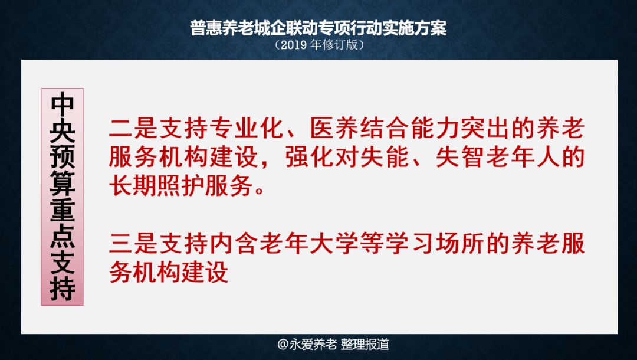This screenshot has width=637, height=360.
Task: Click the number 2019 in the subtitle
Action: coord(294,45)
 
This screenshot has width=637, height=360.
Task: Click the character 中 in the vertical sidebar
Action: coord(62,105)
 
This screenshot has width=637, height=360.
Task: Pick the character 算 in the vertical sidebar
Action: coord(62,184)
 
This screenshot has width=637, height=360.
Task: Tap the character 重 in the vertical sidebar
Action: coord(62,210)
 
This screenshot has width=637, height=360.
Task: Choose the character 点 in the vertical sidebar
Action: coord(62,235)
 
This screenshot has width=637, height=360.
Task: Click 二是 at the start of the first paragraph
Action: coord(133,129)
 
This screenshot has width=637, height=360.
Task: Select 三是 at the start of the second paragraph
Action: coord(133,244)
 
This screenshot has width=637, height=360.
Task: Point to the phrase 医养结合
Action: coord(360,129)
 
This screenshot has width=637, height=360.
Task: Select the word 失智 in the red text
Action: coord(460,157)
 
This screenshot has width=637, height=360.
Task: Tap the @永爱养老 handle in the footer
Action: coord(307,344)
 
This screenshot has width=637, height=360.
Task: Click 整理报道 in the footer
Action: coord(365,344)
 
